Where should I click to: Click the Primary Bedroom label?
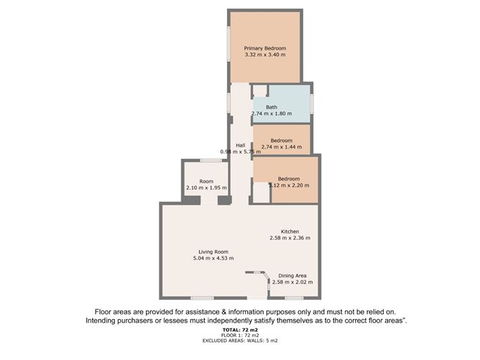click(264, 48)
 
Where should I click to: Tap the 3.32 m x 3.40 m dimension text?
click(264, 55)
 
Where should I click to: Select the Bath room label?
click(272, 108)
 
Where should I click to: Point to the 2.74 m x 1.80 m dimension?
click(274, 114)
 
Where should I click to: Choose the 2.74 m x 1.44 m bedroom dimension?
click(282, 147)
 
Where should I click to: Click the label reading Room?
click(206, 182)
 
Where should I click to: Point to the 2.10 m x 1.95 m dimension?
click(206, 188)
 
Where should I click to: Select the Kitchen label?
click(290, 231)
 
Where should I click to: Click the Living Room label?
click(213, 251)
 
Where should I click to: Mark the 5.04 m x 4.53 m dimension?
click(213, 258)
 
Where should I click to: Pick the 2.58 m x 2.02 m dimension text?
click(292, 282)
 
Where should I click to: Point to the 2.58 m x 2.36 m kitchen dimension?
click(290, 238)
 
